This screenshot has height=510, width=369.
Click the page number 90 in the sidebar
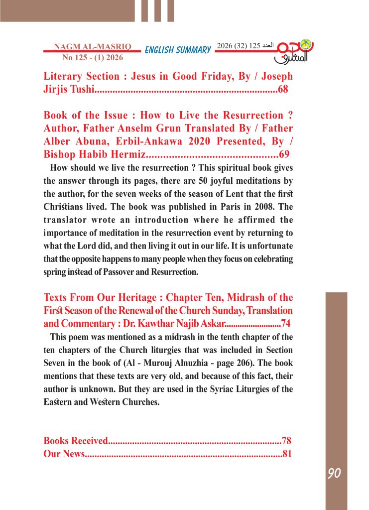[334, 473]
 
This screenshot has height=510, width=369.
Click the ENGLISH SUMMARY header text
[178, 50]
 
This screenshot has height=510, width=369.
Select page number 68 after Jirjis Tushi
[283, 90]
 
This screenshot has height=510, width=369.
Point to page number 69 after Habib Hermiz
[284, 153]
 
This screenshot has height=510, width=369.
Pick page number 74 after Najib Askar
[286, 322]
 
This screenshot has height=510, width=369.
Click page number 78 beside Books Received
[286, 441]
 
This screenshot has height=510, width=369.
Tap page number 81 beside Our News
[286, 454]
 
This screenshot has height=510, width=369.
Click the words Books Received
[76, 441]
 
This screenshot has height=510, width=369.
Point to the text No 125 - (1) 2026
[93, 57]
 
